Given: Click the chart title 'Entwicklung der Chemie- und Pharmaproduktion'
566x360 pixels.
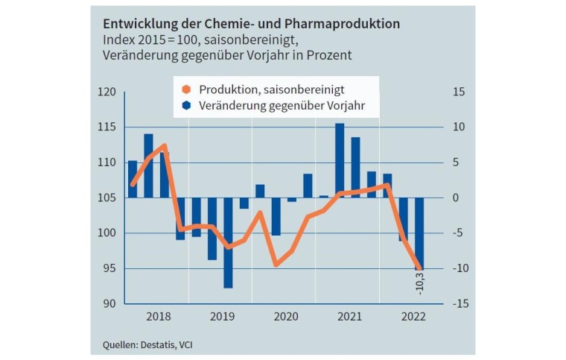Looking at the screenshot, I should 250,24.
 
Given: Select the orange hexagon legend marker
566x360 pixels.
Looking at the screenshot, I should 186,89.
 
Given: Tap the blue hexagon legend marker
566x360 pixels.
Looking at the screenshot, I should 186,106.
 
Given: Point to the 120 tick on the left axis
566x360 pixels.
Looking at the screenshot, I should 108,92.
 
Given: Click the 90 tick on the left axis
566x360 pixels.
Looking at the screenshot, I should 110,303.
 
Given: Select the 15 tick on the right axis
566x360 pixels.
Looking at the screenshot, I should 459,92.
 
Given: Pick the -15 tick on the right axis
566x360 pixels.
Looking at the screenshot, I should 457,303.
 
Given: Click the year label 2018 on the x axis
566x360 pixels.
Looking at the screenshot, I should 158,318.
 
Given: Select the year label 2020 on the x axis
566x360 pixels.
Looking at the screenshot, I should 286,318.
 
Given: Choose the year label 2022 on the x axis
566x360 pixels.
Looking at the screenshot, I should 413,318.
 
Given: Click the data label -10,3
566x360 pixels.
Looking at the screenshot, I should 420,283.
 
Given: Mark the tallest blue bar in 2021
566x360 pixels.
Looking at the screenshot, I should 340,160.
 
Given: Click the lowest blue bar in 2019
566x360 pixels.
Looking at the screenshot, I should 228,242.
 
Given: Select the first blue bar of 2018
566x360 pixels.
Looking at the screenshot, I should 133,179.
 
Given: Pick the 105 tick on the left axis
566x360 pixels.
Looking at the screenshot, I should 108,198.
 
